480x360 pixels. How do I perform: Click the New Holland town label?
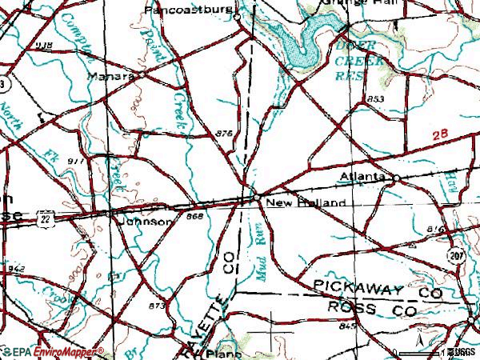coord(307,204)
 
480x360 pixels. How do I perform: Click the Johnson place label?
coord(145,222)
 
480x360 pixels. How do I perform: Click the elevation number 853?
coord(376,98)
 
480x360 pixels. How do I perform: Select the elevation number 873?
coord(157,306)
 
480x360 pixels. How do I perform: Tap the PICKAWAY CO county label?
coord(378,289)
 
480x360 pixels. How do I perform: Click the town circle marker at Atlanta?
coord(395,177)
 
